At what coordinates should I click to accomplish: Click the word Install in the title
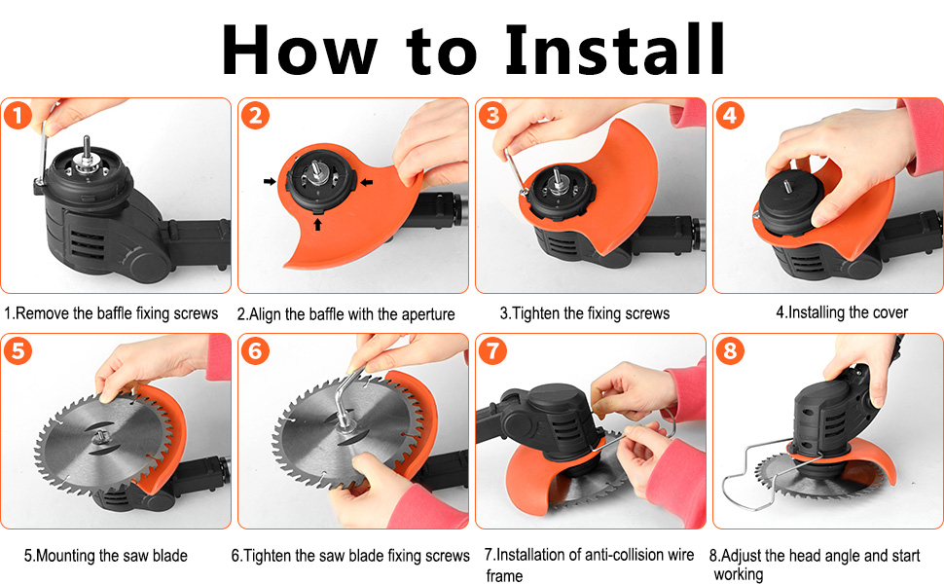coord(614,50)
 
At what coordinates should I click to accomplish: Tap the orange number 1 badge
coord(18,115)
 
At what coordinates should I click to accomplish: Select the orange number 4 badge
coord(730,115)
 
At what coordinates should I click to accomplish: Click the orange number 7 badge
coord(492,350)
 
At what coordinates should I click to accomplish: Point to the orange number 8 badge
coord(730,350)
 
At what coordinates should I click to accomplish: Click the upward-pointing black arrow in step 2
coord(318,224)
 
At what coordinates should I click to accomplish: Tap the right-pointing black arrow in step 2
coord(270,181)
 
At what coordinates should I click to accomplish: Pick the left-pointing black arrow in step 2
coord(366,182)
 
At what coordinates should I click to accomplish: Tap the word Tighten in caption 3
coord(535,313)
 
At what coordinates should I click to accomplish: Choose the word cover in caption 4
coord(890,312)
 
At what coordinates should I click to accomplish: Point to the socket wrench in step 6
coord(348,400)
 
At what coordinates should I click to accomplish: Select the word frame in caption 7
coord(504,575)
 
